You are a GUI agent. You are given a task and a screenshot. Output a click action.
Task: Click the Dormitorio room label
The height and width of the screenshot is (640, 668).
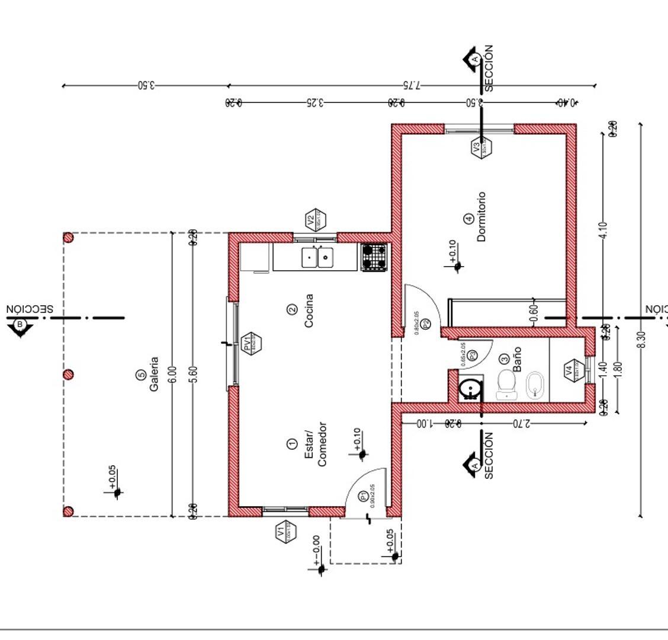[481, 216]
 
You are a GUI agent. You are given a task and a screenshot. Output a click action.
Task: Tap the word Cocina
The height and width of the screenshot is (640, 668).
[309, 311]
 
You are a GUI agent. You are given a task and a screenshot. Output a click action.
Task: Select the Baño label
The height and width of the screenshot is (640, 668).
[517, 359]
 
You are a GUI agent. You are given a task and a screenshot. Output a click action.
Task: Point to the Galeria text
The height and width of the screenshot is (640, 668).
[154, 373]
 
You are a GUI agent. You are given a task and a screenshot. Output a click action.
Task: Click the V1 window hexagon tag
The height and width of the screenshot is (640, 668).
[285, 532]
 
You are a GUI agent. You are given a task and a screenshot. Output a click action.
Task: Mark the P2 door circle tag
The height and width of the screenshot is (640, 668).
[425, 324]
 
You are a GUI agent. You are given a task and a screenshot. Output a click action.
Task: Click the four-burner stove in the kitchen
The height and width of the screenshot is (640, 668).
[374, 258]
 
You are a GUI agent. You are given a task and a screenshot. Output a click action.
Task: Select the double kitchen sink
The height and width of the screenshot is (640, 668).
[317, 258]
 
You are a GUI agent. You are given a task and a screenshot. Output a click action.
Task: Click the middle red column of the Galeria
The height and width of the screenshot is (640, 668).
[68, 375]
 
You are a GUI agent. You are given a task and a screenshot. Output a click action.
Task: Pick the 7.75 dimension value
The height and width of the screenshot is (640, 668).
[410, 85]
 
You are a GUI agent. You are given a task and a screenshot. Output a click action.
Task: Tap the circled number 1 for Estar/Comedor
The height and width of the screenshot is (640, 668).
[291, 444]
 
